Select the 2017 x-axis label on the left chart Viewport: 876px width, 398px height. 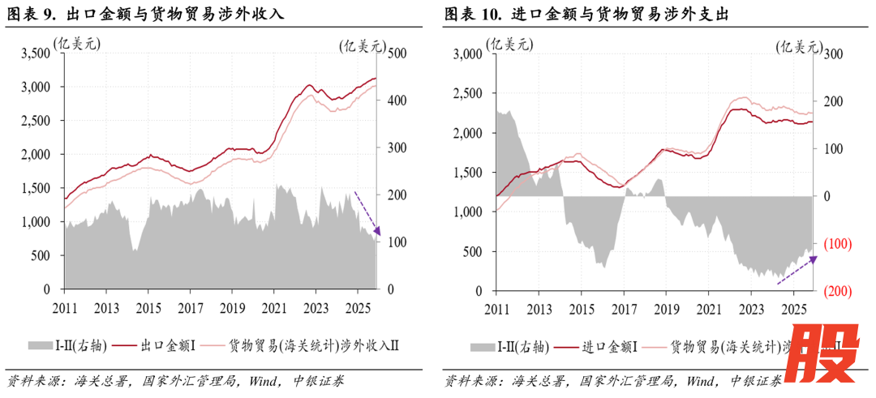pos(190,308)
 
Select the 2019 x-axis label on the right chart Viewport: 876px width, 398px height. pos(664,309)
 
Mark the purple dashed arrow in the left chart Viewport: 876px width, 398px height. pos(367,213)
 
